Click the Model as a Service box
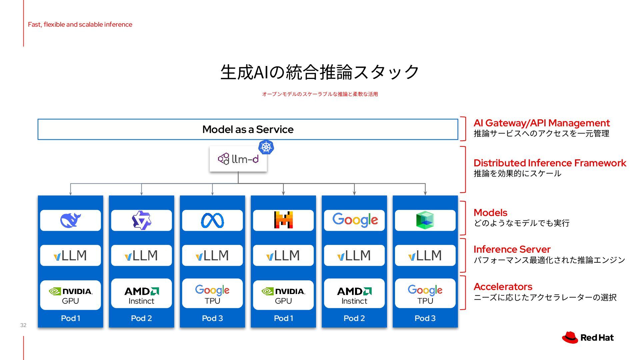point(248,129)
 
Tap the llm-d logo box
point(238,159)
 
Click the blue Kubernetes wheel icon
point(266,147)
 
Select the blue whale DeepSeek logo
point(70,220)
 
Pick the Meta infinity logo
point(212,220)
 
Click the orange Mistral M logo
point(283,220)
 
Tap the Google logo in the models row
point(355,220)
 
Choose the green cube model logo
point(425,220)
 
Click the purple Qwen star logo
point(141,220)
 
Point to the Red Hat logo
point(588,338)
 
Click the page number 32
point(23,325)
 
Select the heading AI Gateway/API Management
point(541,123)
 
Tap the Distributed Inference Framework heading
point(550,163)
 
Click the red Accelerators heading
point(503,287)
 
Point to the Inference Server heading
point(512,249)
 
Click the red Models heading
point(490,213)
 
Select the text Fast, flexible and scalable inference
point(80,24)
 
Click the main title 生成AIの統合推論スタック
point(320,72)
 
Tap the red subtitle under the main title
point(320,94)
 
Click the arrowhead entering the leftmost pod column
point(70,193)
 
